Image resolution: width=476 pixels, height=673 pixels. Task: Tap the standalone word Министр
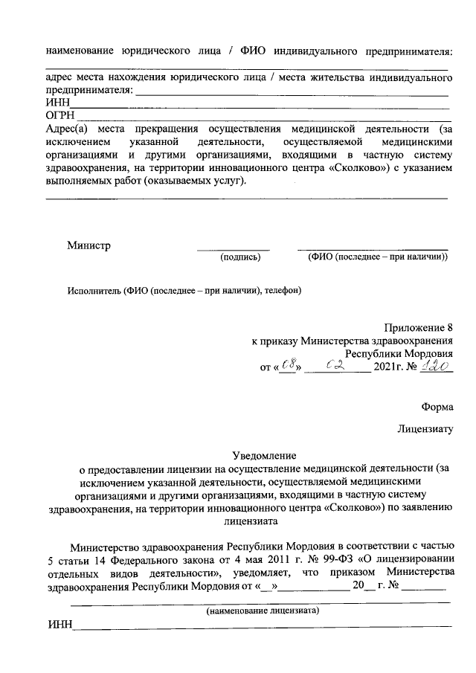[x=89, y=245]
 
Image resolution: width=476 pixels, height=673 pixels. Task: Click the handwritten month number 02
[x=341, y=366]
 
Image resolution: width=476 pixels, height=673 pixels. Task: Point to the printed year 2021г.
[x=391, y=367]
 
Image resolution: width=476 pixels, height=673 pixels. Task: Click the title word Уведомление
[x=265, y=454]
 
